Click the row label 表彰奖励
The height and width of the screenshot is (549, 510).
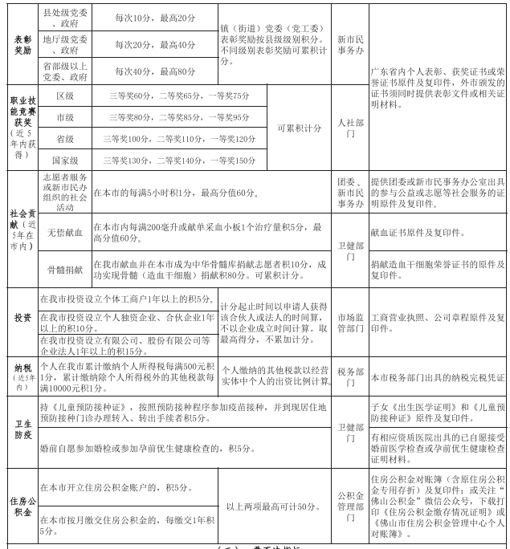22,43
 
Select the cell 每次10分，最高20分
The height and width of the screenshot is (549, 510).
155,18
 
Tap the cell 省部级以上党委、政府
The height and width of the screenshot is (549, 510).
66,71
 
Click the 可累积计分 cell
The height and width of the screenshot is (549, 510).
299,128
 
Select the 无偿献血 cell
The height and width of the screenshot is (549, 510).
65,233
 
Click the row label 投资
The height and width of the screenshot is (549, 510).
22,317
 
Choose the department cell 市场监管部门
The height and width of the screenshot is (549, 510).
349,317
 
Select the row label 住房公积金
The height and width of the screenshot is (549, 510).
22,506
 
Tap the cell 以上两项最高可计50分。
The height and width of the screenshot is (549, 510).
275,506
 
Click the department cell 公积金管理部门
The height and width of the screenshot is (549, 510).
349,506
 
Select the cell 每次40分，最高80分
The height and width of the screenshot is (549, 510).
155,71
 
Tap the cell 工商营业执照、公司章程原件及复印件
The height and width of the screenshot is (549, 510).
438,317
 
